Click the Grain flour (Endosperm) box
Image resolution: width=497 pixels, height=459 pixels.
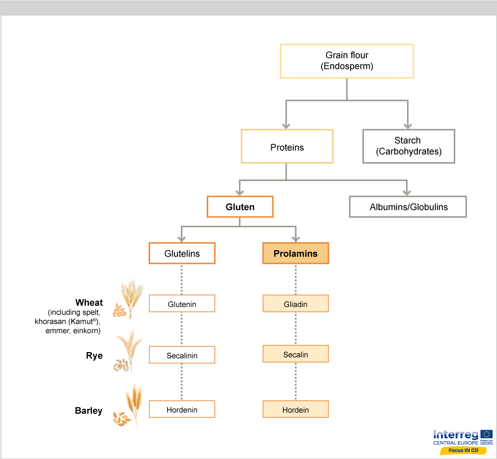[x=347, y=61]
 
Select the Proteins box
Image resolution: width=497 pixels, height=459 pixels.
[x=287, y=147]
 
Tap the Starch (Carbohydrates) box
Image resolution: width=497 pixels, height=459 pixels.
[x=409, y=146]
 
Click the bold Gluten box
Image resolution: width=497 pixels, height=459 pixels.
[x=240, y=207]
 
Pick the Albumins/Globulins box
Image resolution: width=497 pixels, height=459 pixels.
[x=408, y=207]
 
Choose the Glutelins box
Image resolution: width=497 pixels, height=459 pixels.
[x=182, y=253]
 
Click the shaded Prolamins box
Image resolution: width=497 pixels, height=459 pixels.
[x=295, y=253]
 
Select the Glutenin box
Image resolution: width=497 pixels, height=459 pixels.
[x=182, y=304]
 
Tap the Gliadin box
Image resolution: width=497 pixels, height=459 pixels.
[x=295, y=304]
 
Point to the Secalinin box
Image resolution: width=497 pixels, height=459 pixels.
[x=182, y=355]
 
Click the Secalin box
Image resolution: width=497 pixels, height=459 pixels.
[x=295, y=354]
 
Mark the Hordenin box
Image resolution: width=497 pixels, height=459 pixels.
[x=182, y=410]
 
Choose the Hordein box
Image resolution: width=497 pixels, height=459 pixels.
[x=295, y=410]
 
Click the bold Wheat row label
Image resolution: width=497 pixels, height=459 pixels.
[x=89, y=302]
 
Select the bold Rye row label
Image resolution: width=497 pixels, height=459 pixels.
[x=94, y=356]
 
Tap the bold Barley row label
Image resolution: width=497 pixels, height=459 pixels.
[x=88, y=410]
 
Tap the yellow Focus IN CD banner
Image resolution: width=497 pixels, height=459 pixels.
[x=463, y=450]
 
